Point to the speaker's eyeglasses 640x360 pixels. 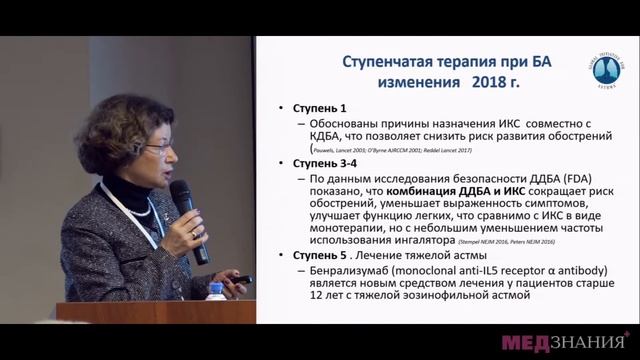(x=158, y=148)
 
